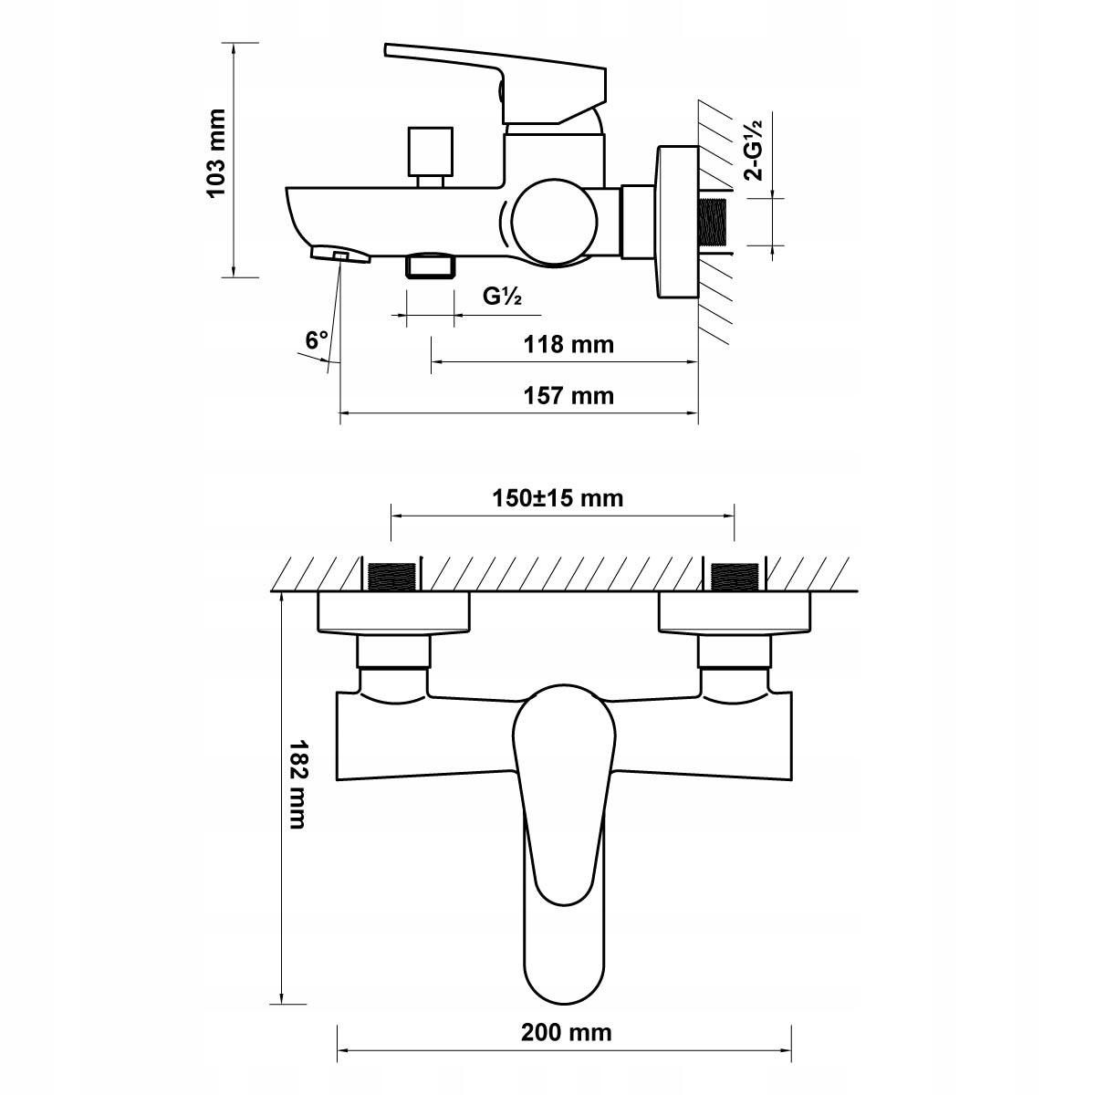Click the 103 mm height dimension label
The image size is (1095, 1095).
pyautogui.click(x=217, y=153)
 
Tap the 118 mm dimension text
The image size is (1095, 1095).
pyautogui.click(x=568, y=344)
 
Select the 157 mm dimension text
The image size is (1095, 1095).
pyautogui.click(x=568, y=395)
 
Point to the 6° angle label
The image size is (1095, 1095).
pyautogui.click(x=317, y=340)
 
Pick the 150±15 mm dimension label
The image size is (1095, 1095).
pyautogui.click(x=558, y=498)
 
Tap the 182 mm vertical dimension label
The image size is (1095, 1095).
pyautogui.click(x=297, y=784)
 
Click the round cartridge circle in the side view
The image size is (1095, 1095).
pyautogui.click(x=555, y=222)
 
